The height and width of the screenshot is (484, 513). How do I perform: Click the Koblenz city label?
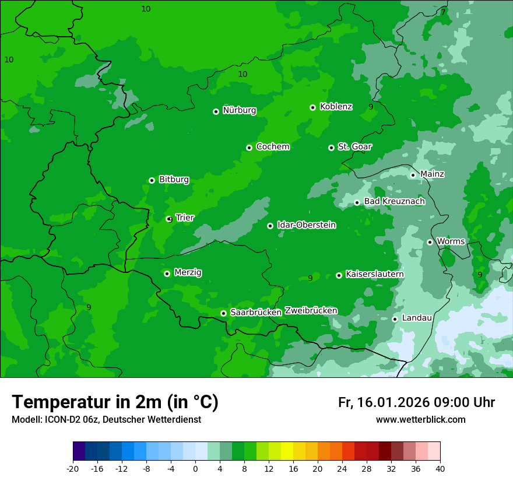(336, 107)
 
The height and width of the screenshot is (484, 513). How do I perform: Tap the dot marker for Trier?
(169, 219)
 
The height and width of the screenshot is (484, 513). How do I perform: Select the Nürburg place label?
(239, 110)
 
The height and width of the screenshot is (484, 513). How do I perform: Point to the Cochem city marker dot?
(249, 148)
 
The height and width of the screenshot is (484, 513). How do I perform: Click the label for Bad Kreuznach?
(394, 201)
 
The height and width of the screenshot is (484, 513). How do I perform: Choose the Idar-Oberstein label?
(306, 225)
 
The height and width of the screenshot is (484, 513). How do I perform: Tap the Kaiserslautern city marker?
(339, 275)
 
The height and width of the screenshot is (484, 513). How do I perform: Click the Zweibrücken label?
(311, 311)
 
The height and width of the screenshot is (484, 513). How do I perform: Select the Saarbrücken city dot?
(223, 313)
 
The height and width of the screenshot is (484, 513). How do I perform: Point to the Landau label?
(417, 318)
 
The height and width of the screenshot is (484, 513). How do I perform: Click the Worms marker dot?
(430, 242)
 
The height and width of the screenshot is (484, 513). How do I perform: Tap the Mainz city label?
(432, 174)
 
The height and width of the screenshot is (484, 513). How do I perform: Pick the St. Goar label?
(354, 146)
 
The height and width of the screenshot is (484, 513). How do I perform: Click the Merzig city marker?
(167, 273)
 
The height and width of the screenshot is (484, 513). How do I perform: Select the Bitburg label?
(174, 180)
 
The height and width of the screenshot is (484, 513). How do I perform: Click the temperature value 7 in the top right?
(443, 12)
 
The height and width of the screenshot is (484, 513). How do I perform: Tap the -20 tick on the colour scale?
(73, 468)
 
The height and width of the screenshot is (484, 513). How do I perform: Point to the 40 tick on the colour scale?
(440, 468)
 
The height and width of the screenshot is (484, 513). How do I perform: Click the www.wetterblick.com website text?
(420, 420)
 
